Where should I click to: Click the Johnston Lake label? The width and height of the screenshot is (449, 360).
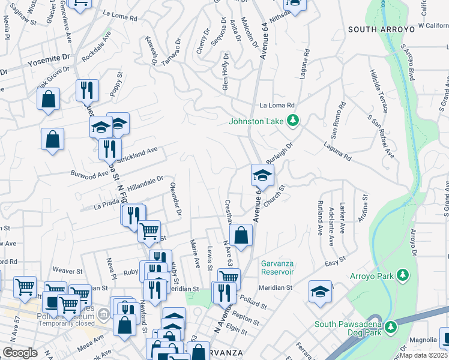pyautogui.click(x=256, y=121)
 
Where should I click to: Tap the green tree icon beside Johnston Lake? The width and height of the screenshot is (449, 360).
pyautogui.click(x=293, y=121)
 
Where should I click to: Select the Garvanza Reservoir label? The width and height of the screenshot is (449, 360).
pyautogui.click(x=277, y=268)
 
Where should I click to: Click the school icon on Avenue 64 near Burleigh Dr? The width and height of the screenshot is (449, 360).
pyautogui.click(x=262, y=175)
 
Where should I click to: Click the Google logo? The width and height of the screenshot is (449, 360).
pyautogui.click(x=20, y=353)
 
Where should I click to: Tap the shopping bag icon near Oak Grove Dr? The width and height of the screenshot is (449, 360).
pyautogui.click(x=49, y=98)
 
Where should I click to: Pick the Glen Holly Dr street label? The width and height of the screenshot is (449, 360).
pyautogui.click(x=225, y=71)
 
